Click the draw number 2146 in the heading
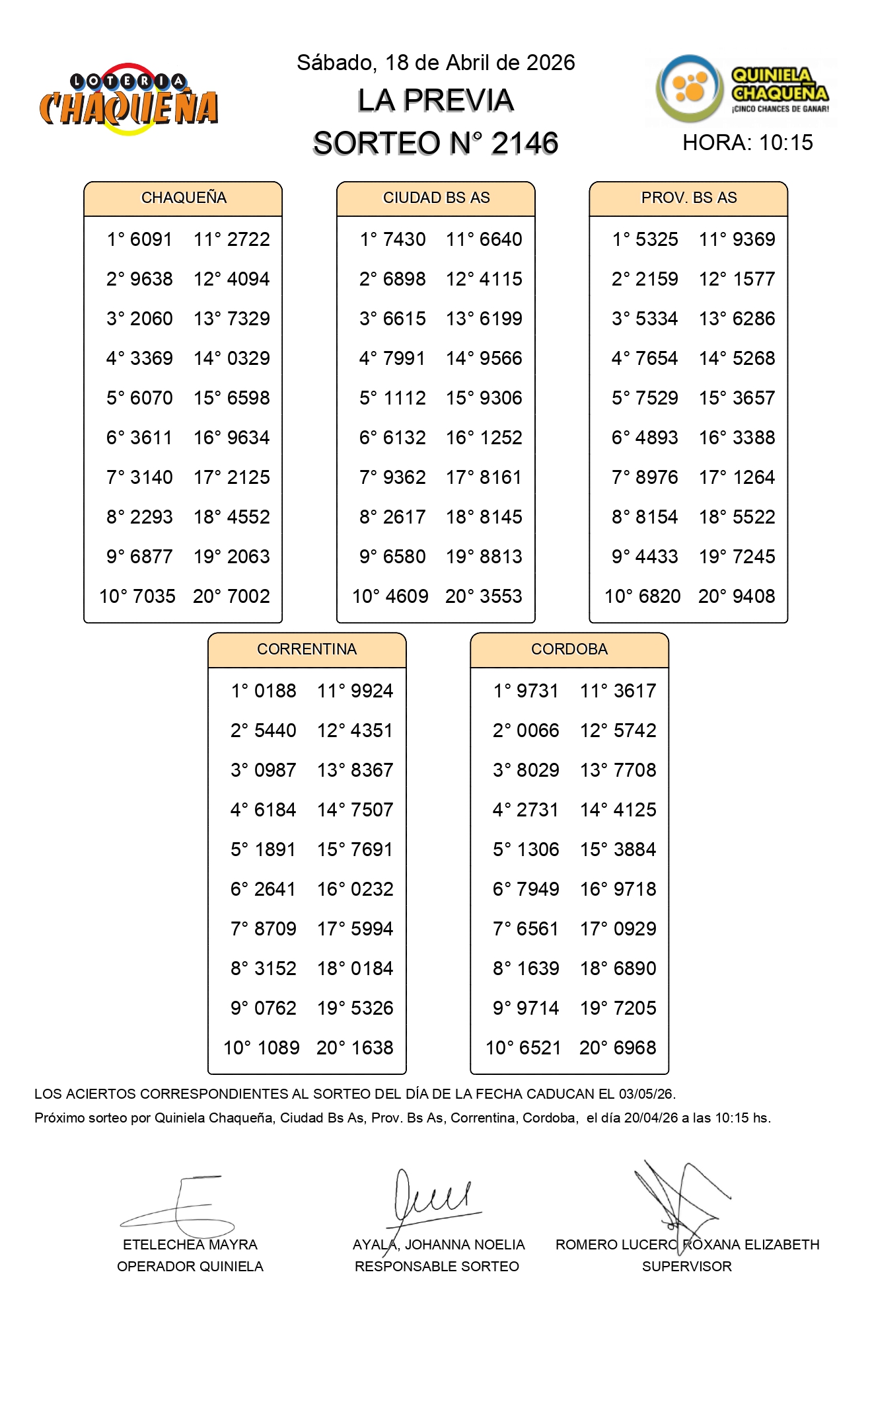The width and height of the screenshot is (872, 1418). [525, 143]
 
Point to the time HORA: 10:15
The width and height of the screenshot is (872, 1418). [747, 143]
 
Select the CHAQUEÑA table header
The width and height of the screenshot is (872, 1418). [183, 198]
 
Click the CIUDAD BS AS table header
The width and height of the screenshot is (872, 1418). [436, 198]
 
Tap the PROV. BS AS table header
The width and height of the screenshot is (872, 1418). [688, 198]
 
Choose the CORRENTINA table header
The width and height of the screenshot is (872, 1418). [307, 649]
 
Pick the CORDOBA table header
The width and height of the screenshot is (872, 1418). [569, 649]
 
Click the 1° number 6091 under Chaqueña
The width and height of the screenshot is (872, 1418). [151, 239]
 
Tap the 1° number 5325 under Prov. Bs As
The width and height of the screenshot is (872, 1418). [656, 239]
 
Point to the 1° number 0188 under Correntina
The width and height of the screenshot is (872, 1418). [275, 691]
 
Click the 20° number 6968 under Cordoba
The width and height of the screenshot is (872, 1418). [635, 1048]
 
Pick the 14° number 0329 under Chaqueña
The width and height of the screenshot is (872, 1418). [248, 358]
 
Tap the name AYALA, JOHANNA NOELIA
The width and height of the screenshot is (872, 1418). [439, 1245]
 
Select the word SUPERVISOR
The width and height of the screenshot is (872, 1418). [686, 1267]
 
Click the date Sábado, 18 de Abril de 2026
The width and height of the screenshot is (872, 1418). [435, 63]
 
